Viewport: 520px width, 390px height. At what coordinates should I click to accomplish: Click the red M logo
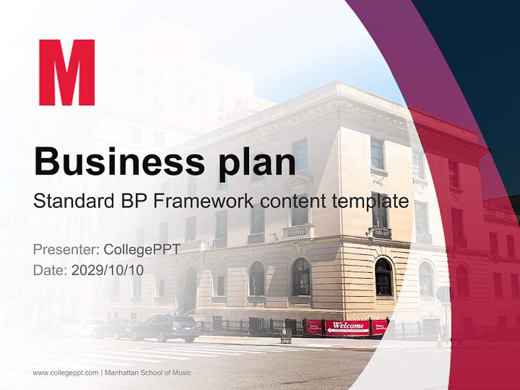[67, 73]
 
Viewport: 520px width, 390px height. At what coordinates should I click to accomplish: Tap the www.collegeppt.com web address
[66, 373]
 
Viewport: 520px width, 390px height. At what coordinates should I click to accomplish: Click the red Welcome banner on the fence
[347, 327]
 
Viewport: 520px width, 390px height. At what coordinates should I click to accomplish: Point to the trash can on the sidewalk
[286, 335]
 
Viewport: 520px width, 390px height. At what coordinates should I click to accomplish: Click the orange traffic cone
[439, 340]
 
